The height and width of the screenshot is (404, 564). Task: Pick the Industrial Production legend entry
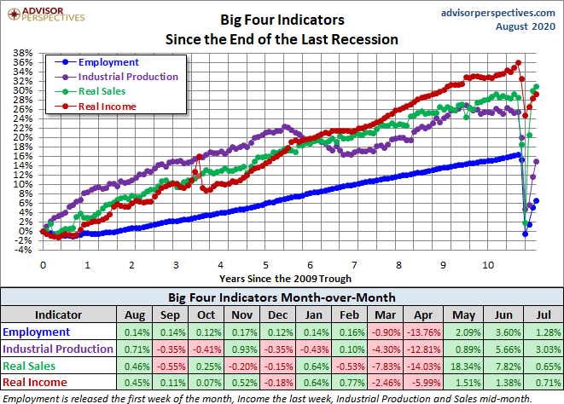coord(127,77)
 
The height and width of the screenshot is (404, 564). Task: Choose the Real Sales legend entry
coord(102,91)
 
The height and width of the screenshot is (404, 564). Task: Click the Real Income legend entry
coord(107,106)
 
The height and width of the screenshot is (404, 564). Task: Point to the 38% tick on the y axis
coord(23,53)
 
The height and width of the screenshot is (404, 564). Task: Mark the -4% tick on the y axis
coord(23,250)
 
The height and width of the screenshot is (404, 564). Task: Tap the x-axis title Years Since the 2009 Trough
coord(284,278)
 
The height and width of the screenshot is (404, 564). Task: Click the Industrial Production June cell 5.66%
coord(503,348)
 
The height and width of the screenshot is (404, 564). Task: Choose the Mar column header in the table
coord(382,314)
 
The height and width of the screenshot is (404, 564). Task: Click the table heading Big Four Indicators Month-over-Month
coord(282,297)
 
